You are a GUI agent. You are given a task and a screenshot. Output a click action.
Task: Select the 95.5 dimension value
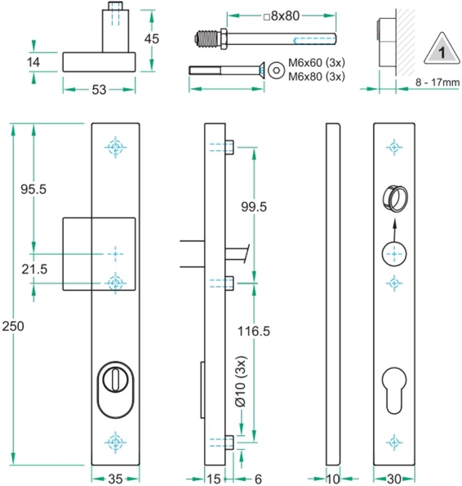point(33,189)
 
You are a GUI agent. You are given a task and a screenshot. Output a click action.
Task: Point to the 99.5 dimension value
point(254,207)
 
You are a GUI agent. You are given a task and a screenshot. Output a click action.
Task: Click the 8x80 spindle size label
point(285,15)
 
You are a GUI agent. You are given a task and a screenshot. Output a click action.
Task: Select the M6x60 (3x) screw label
point(315,63)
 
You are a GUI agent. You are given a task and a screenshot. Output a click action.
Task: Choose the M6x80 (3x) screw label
point(315,76)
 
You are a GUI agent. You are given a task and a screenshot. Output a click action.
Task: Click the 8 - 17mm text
point(437,82)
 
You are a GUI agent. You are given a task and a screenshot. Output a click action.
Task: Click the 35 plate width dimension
point(116,478)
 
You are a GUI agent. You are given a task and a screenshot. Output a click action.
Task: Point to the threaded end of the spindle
point(209,38)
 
